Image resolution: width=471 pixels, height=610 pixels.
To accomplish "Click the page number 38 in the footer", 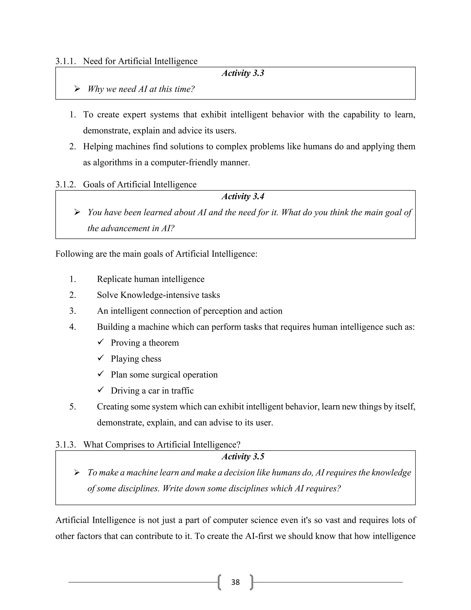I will point(235,582).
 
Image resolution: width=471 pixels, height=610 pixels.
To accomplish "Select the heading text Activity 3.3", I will point(243,73).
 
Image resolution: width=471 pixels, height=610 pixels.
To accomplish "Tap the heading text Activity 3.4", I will point(243,197).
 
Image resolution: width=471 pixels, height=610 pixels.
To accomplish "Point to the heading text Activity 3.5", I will point(243,457).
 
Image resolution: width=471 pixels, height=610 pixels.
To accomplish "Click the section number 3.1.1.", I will point(66,61).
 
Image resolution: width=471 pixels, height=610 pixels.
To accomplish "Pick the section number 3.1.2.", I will point(66,185).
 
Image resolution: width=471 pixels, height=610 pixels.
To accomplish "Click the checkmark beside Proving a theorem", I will point(101,342).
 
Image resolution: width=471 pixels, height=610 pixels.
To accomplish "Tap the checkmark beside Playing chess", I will point(101,358).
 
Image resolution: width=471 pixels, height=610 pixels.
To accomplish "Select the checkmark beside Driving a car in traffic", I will point(101,390).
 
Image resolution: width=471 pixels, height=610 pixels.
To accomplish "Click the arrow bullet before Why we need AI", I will point(77,89).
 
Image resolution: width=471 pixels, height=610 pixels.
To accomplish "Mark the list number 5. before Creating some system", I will point(72,407).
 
